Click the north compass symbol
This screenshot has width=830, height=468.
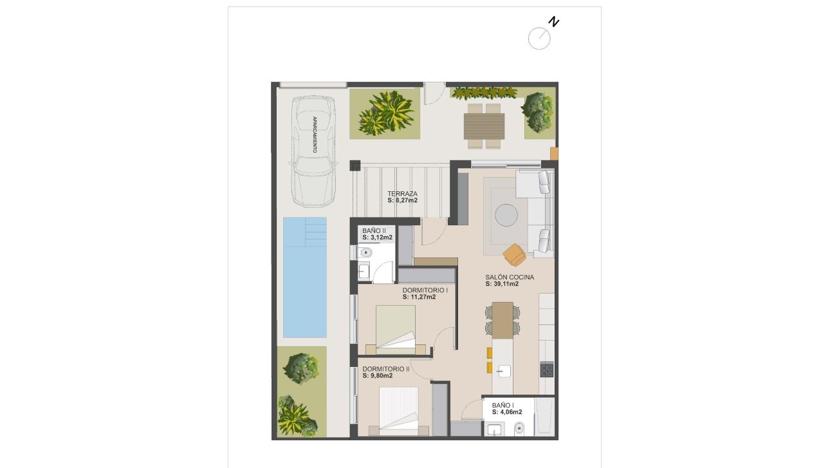[539, 38]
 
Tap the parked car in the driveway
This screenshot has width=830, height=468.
[313, 151]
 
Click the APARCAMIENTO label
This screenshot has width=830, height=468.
[314, 134]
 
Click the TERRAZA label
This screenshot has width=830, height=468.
[402, 193]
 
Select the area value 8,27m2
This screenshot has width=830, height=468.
[402, 201]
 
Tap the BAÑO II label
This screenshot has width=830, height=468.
[374, 230]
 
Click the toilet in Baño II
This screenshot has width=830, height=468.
[364, 252]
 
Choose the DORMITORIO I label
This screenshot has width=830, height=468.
[425, 290]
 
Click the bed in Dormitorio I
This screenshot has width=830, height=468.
[395, 328]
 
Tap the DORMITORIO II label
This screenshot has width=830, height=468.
[385, 369]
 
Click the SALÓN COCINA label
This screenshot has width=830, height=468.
[510, 277]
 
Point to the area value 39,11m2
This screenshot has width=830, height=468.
[502, 284]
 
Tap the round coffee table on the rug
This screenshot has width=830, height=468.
[506, 214]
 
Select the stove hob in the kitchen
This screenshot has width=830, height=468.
[546, 370]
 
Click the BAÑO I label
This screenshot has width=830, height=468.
[503, 405]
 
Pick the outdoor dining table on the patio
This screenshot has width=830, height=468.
[484, 126]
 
